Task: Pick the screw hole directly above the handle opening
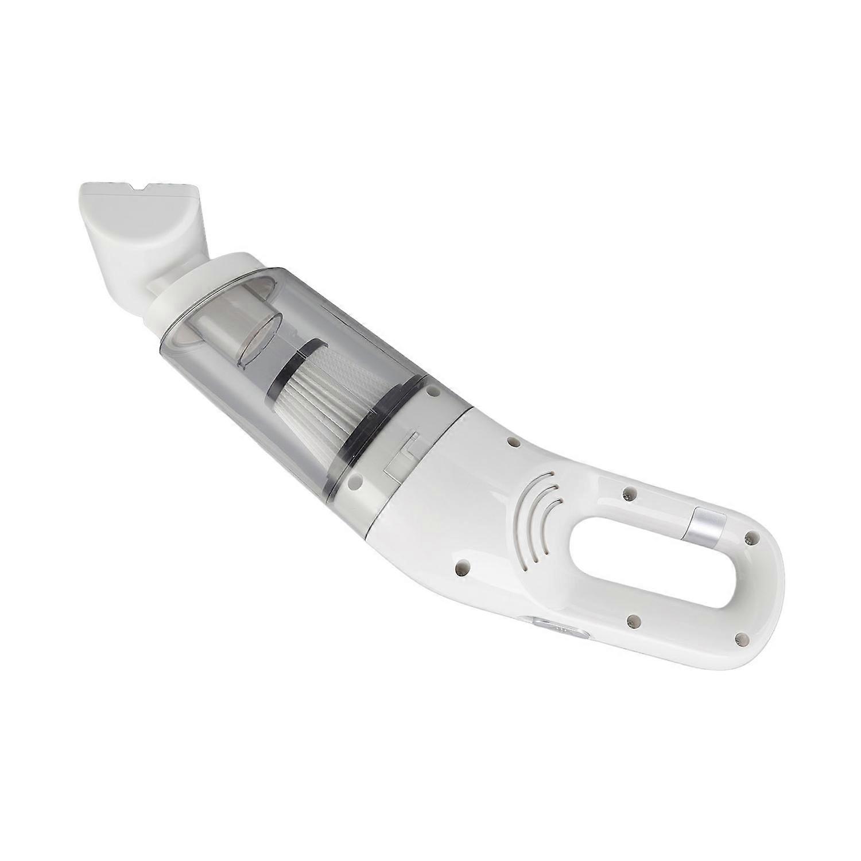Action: (x=630, y=492)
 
